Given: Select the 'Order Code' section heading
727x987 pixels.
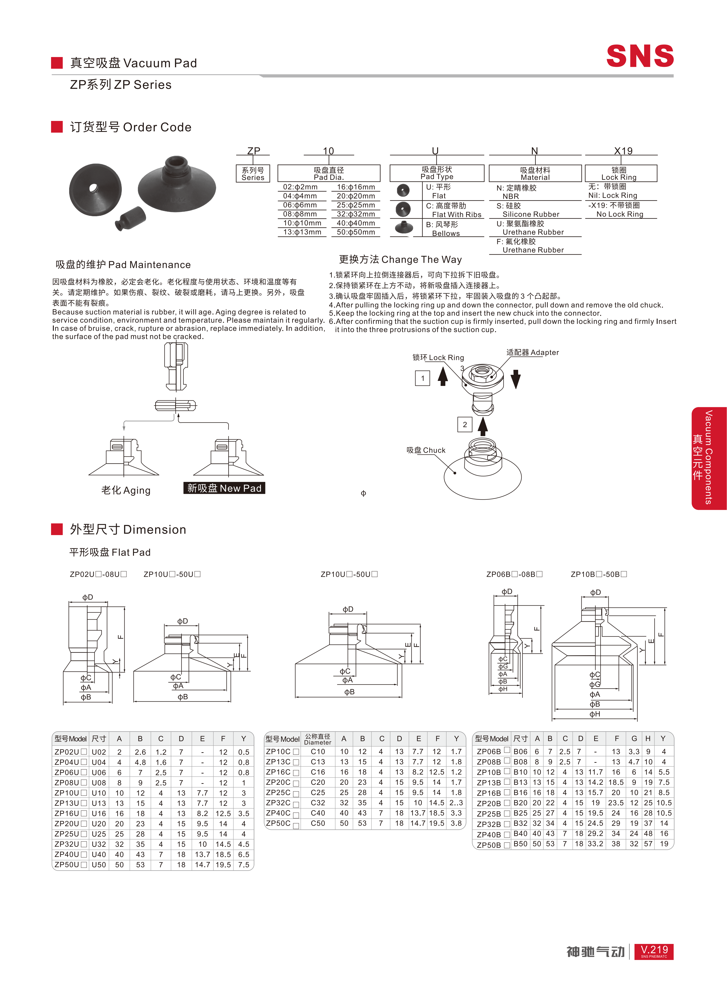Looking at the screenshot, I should (x=131, y=127).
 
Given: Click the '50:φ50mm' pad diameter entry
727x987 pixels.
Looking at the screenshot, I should (x=356, y=232).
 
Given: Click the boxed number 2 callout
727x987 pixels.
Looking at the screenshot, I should (x=465, y=424).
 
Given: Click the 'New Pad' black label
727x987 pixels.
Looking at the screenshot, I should (x=224, y=488).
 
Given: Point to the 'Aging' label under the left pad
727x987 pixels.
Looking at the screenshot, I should (x=126, y=490).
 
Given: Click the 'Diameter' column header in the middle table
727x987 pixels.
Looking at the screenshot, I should (x=317, y=739).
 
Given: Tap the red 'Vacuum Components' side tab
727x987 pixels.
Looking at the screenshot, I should (x=708, y=458).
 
